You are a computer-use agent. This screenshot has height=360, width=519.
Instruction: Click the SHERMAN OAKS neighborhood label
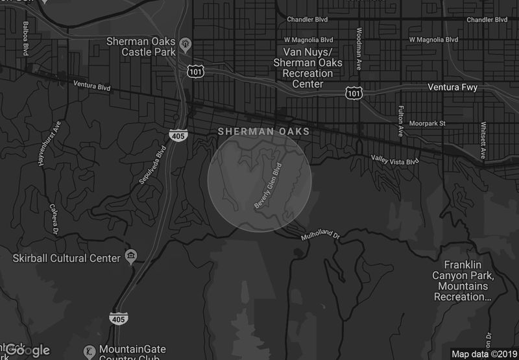(263, 132)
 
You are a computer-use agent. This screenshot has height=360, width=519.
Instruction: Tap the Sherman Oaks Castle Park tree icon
(186, 44)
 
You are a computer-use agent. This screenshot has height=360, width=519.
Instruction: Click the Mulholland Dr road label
(320, 235)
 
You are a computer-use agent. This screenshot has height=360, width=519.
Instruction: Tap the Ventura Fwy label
(457, 87)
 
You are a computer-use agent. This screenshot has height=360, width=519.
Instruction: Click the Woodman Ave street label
(358, 49)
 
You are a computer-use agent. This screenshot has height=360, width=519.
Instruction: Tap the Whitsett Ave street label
(483, 140)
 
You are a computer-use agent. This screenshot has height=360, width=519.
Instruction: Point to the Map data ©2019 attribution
(483, 354)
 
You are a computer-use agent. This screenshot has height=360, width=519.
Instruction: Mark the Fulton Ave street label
(401, 121)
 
